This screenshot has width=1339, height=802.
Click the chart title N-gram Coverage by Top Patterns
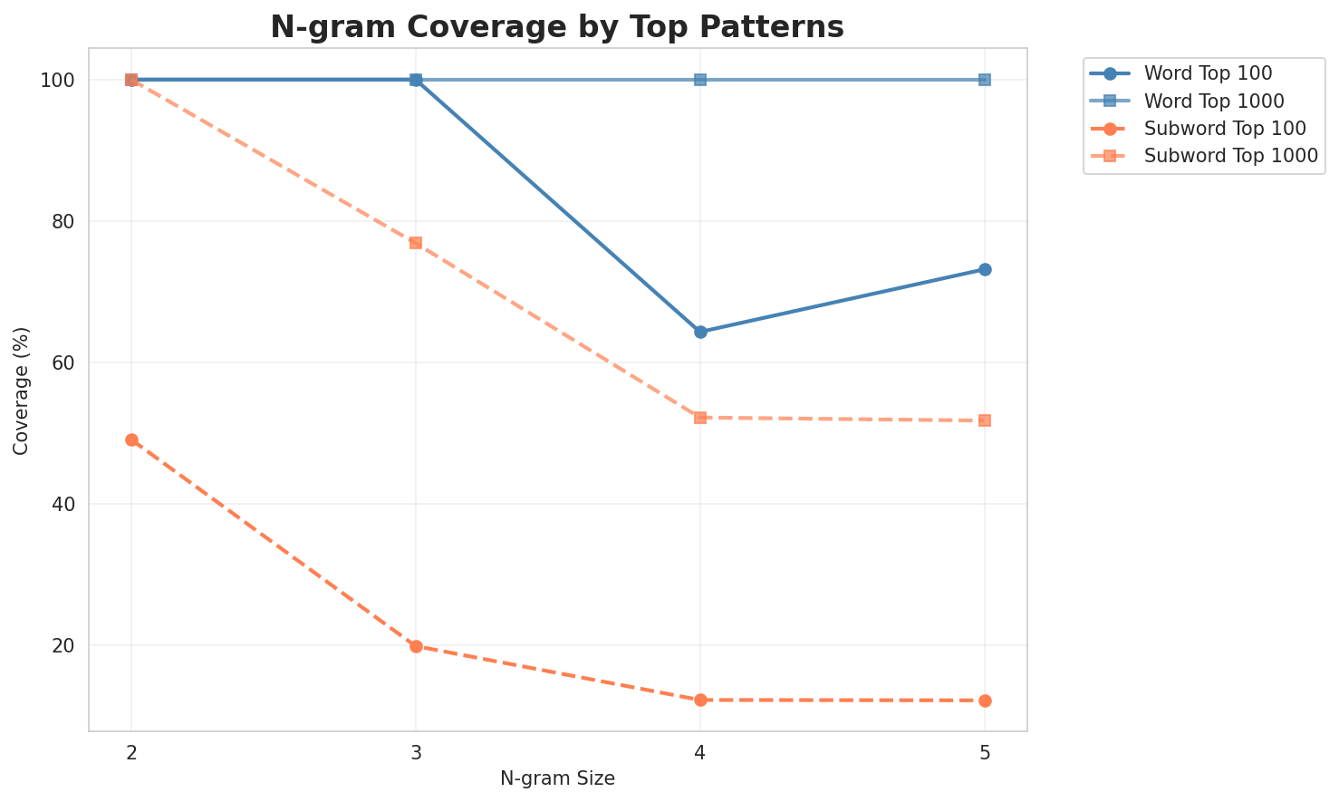557,27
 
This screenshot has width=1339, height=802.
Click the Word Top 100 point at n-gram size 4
700,332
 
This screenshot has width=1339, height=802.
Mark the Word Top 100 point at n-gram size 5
985,269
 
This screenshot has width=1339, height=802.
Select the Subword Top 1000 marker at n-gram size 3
416,243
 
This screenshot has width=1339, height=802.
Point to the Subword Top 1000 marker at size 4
700,418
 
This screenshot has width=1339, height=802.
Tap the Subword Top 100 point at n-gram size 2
131,440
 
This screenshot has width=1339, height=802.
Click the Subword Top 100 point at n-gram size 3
416,646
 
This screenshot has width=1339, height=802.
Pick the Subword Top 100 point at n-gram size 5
985,701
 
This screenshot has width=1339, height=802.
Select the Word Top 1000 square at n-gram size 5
985,80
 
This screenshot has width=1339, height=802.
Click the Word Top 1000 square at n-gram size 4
700,80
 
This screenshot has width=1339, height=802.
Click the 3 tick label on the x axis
416,752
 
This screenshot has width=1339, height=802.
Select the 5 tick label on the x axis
985,752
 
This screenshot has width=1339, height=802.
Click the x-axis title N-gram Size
557,779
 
